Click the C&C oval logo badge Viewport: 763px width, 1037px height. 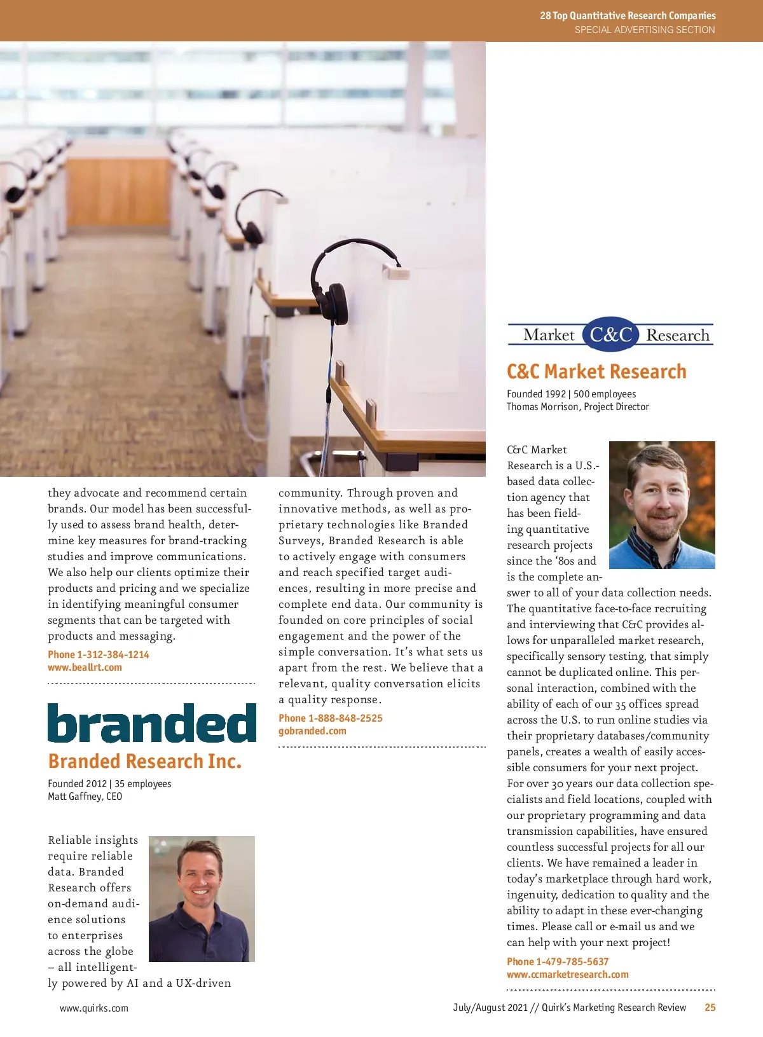(x=610, y=334)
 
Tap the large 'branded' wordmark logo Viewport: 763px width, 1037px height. (x=152, y=724)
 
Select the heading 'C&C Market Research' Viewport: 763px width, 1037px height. (x=596, y=371)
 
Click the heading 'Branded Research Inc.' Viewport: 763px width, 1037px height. (x=145, y=761)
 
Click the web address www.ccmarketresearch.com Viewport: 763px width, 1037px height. (x=567, y=974)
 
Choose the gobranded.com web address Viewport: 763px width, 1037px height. (x=312, y=731)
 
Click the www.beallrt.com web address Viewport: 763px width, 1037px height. (x=85, y=667)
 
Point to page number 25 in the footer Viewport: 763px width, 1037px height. (x=710, y=1007)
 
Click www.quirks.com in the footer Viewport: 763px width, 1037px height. (x=94, y=1008)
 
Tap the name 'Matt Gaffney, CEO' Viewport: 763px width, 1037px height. (x=85, y=796)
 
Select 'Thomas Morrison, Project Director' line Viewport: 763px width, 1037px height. (x=577, y=406)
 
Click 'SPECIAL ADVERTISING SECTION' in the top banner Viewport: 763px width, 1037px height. (x=645, y=29)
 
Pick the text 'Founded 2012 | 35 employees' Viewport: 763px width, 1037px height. (x=109, y=783)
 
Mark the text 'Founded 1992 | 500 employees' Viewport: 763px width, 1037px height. (x=571, y=394)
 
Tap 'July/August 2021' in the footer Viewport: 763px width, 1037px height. (x=490, y=1007)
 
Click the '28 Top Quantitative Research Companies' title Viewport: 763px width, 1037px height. (x=628, y=15)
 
